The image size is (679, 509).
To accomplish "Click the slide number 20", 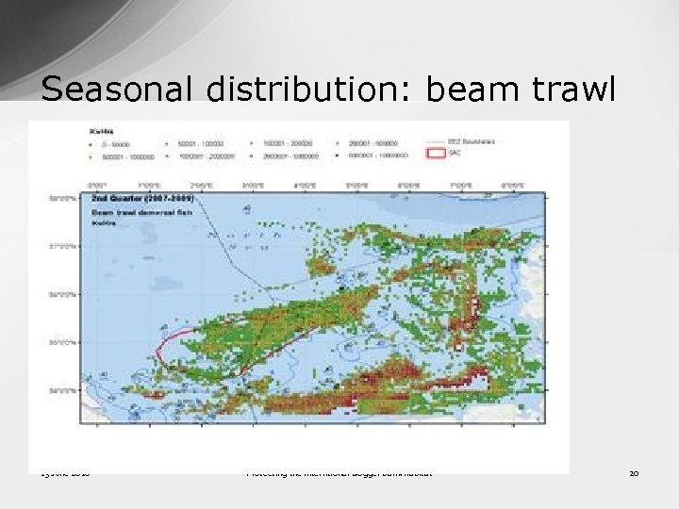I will pyautogui.click(x=634, y=472).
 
